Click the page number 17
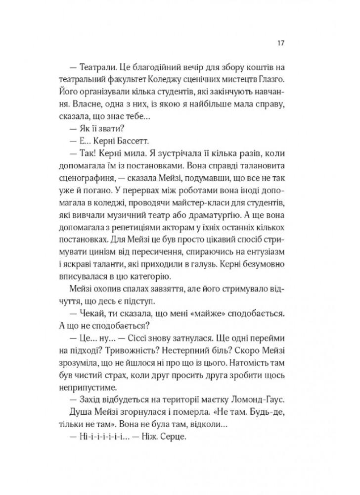279,43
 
